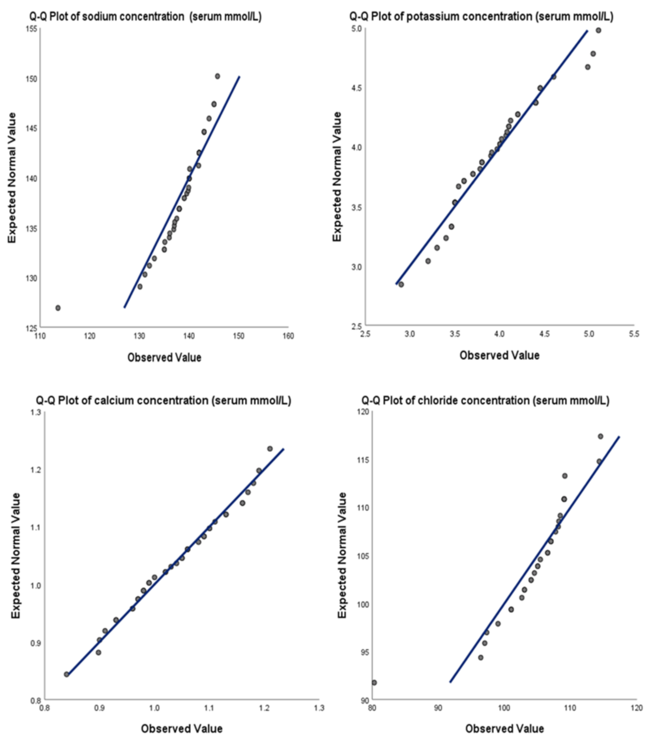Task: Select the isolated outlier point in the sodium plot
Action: [58, 308]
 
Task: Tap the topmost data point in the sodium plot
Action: [217, 76]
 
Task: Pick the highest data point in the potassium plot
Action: [598, 30]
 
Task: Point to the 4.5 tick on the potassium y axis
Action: [358, 88]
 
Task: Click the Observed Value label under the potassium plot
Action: [499, 355]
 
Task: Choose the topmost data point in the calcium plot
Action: [270, 449]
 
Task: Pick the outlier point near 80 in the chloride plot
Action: [374, 682]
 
